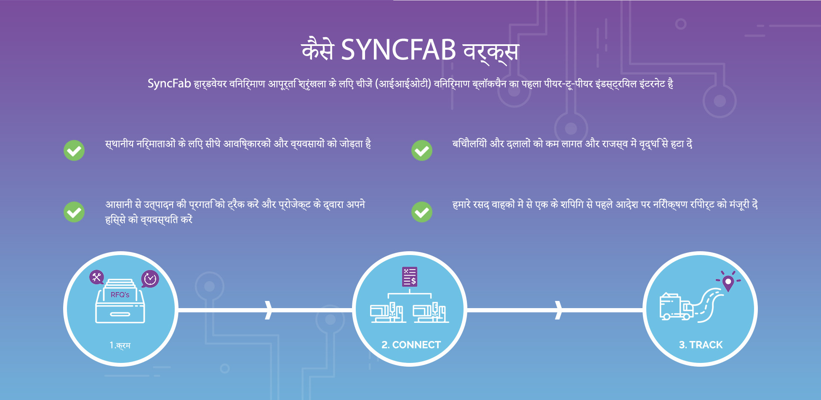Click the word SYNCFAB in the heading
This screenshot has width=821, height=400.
[x=398, y=50]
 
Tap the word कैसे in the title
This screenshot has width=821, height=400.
[x=318, y=49]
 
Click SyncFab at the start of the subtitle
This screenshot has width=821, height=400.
[x=169, y=83]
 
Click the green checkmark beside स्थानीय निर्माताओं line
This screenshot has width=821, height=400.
[x=74, y=150]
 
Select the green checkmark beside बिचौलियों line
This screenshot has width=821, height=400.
[x=422, y=150]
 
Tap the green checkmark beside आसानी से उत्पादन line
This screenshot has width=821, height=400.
[x=74, y=212]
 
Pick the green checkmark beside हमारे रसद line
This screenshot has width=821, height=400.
[x=422, y=212]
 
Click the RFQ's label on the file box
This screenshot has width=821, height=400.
[x=120, y=295]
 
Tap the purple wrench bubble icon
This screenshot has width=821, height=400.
[x=97, y=277]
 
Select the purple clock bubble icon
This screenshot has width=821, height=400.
[x=150, y=279]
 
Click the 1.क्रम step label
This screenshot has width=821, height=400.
[x=120, y=345]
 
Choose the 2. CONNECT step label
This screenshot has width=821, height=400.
[x=411, y=345]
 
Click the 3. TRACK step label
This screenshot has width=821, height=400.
[x=701, y=345]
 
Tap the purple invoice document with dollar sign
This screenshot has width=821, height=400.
[x=410, y=277]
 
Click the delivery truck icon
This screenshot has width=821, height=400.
[x=676, y=306]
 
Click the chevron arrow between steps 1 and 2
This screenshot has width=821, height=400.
[x=268, y=310]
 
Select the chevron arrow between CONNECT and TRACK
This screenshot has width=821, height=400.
[x=558, y=310]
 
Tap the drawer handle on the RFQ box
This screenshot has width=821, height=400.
[x=120, y=314]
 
